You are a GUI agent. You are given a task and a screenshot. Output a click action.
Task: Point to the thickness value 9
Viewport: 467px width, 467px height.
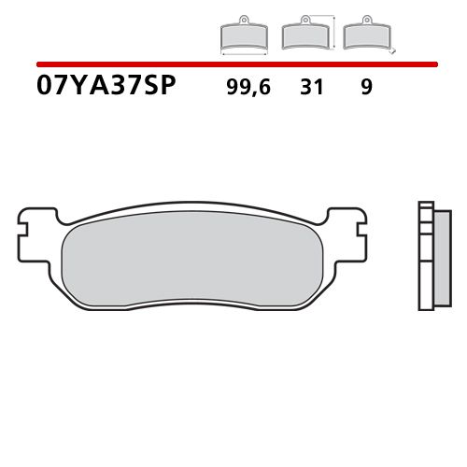pyautogui.click(x=365, y=89)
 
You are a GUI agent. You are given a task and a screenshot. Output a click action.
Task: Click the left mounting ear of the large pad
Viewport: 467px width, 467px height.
pyautogui.click(x=32, y=224)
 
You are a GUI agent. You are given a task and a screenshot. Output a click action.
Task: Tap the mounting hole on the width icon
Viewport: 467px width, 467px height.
pyautogui.click(x=242, y=18)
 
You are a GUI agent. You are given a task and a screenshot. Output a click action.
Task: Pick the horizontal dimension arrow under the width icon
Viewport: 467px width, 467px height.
pyautogui.click(x=243, y=52)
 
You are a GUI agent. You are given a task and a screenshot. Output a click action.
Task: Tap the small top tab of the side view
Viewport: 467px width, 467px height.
pyautogui.click(x=426, y=205)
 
